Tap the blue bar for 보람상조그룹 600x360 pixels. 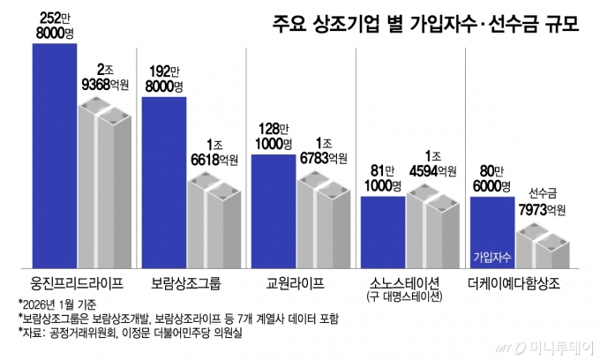point(163,181)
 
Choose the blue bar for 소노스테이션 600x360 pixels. point(382,231)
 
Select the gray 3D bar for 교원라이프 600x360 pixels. point(323,221)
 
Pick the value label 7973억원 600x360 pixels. point(540,210)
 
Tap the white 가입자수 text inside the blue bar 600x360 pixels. point(491,257)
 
